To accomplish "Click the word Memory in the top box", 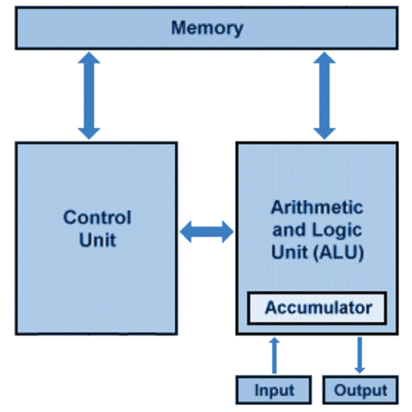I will click(x=207, y=27).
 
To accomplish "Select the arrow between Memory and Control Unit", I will click(x=88, y=95).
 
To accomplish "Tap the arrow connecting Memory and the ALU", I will click(x=324, y=95).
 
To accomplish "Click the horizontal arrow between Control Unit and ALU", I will click(x=206, y=230).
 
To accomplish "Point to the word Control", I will click(x=97, y=218).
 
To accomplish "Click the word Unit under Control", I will click(x=97, y=239).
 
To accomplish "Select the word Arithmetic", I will click(x=317, y=208).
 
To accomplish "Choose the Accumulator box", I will click(x=318, y=306).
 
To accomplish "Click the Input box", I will click(x=275, y=390).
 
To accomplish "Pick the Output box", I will click(x=360, y=390).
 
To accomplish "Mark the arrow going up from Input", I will click(x=275, y=354).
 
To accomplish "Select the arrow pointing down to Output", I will click(x=360, y=354).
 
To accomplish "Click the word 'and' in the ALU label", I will click(x=286, y=230).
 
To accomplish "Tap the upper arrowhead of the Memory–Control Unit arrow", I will click(x=88, y=60).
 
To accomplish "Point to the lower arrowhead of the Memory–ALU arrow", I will click(x=324, y=130).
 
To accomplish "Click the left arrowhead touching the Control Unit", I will click(x=187, y=230).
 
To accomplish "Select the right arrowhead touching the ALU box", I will click(x=226, y=230).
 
